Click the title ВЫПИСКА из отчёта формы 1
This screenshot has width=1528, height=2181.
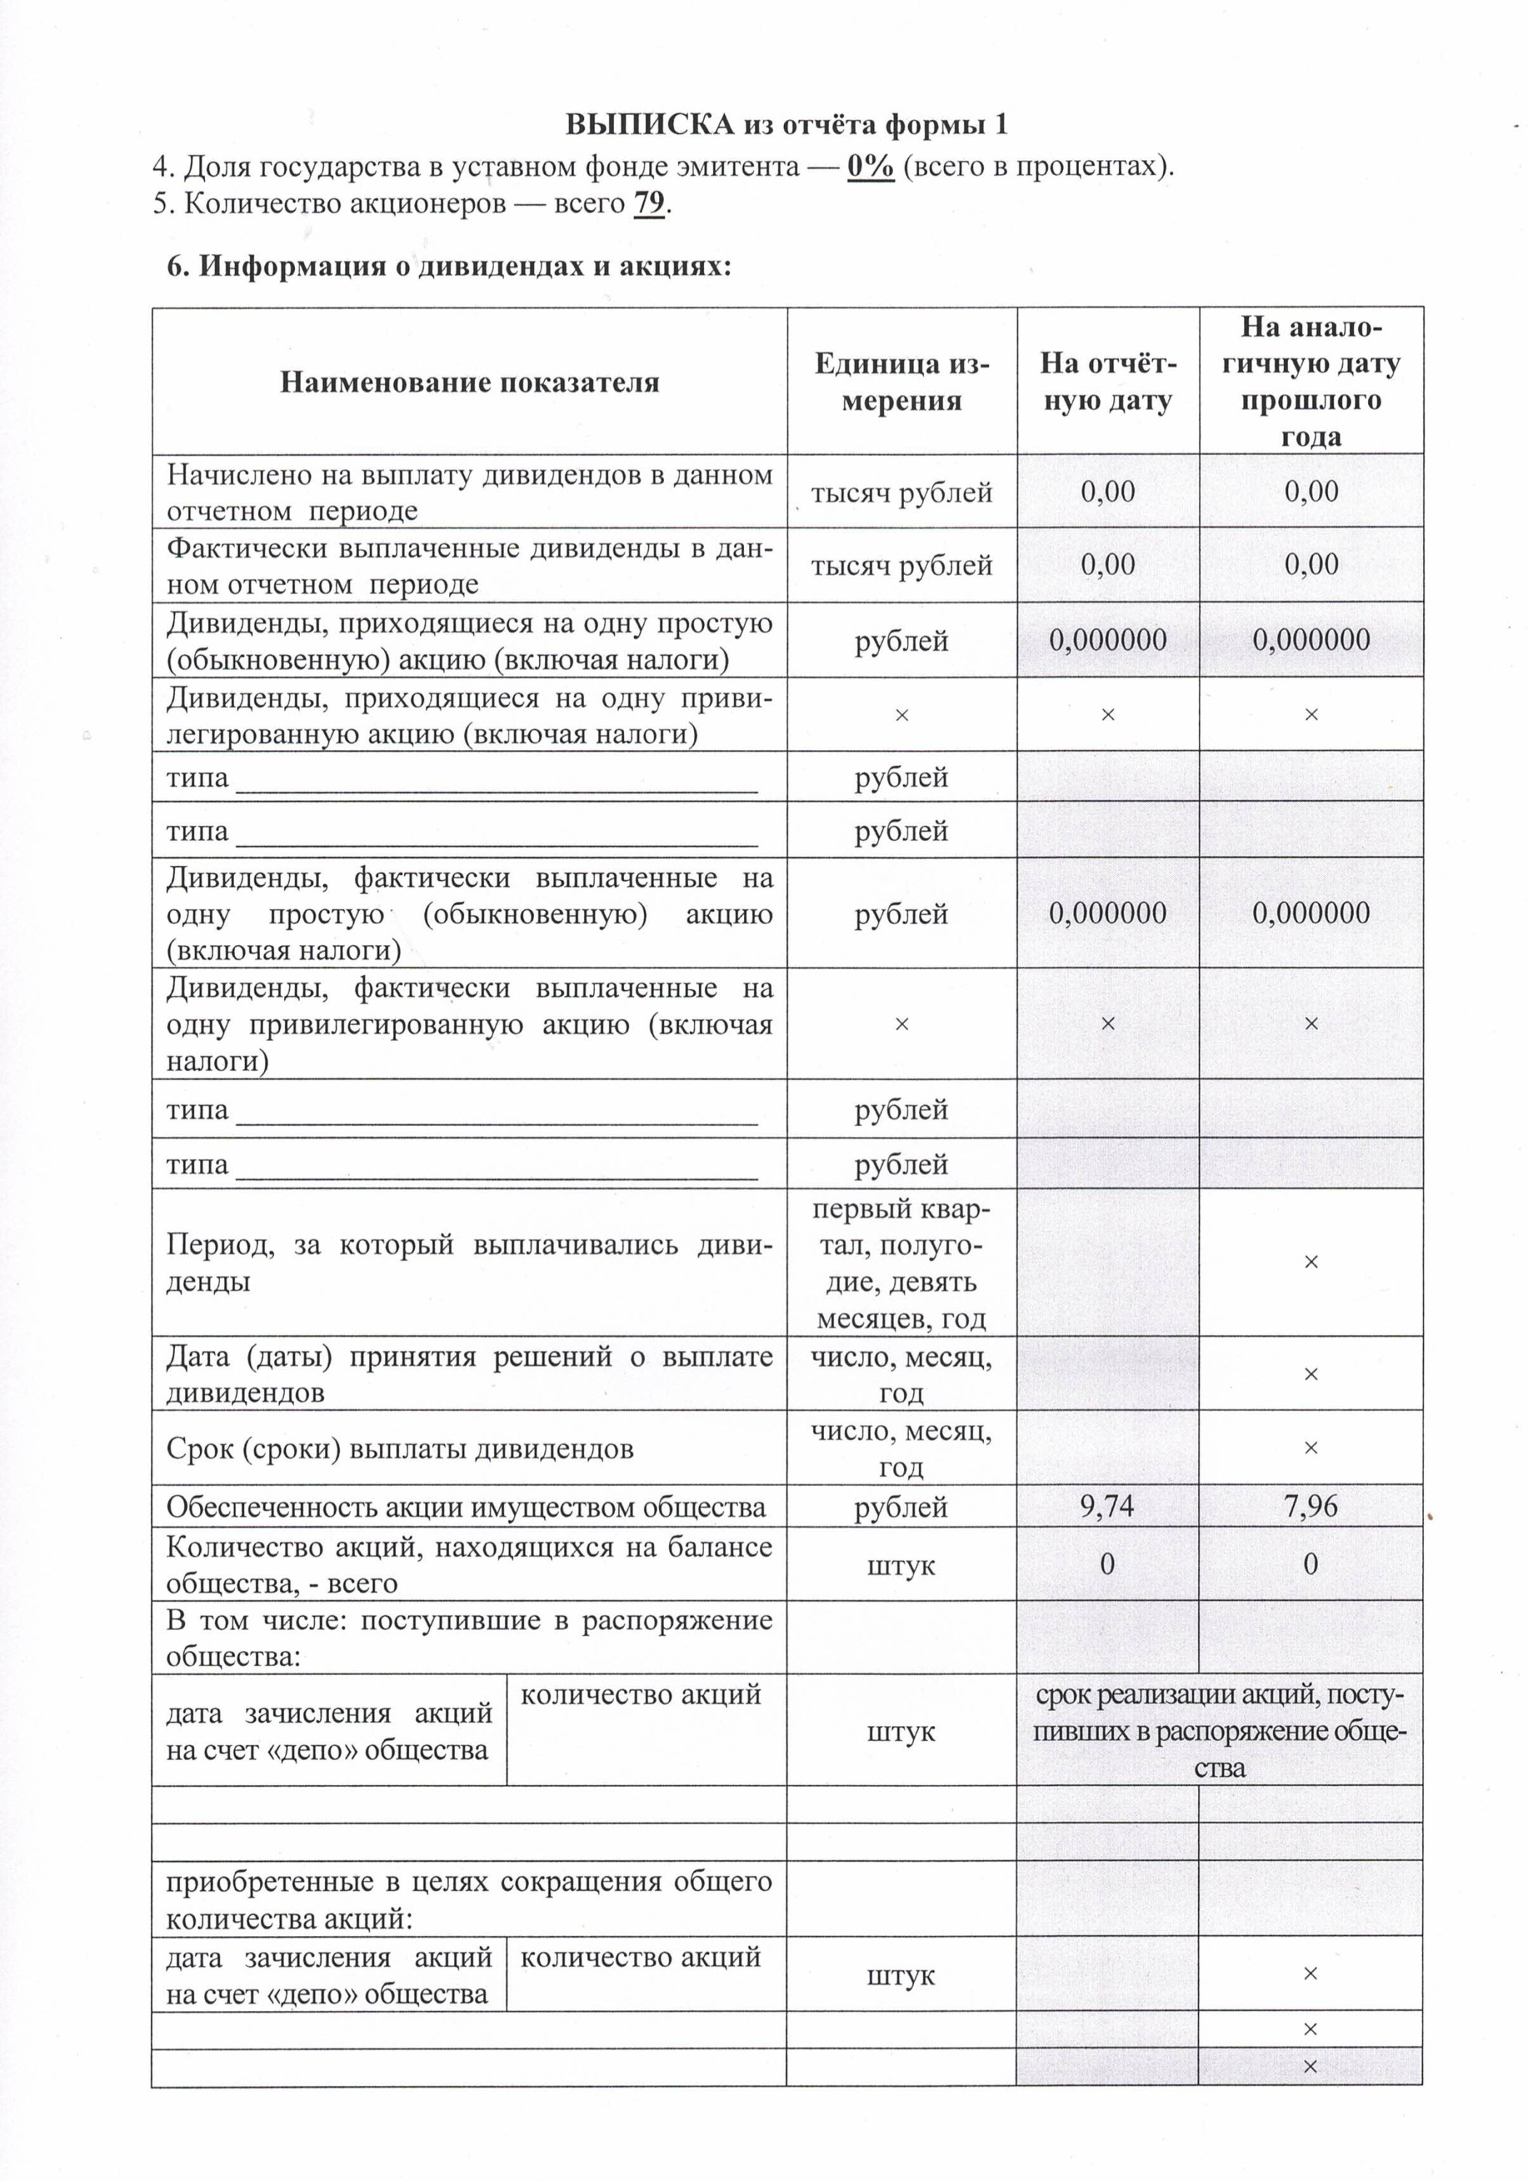pos(786,124)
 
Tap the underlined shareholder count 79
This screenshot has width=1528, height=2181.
pos(649,204)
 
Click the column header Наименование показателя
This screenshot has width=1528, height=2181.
pos(469,382)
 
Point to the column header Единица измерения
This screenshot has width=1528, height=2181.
pos(901,382)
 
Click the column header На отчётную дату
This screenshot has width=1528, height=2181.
pos(1107,382)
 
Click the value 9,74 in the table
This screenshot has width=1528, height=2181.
pos(1107,1506)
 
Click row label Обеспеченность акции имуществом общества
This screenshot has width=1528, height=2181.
pos(465,1506)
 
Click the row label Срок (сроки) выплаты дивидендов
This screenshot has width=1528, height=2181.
pos(399,1449)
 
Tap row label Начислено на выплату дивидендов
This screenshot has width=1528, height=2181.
pos(469,492)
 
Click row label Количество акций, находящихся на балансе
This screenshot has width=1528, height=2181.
pos(469,1565)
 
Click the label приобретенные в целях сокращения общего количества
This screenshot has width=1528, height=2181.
pos(469,1900)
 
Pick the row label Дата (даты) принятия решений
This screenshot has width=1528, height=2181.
pos(469,1373)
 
